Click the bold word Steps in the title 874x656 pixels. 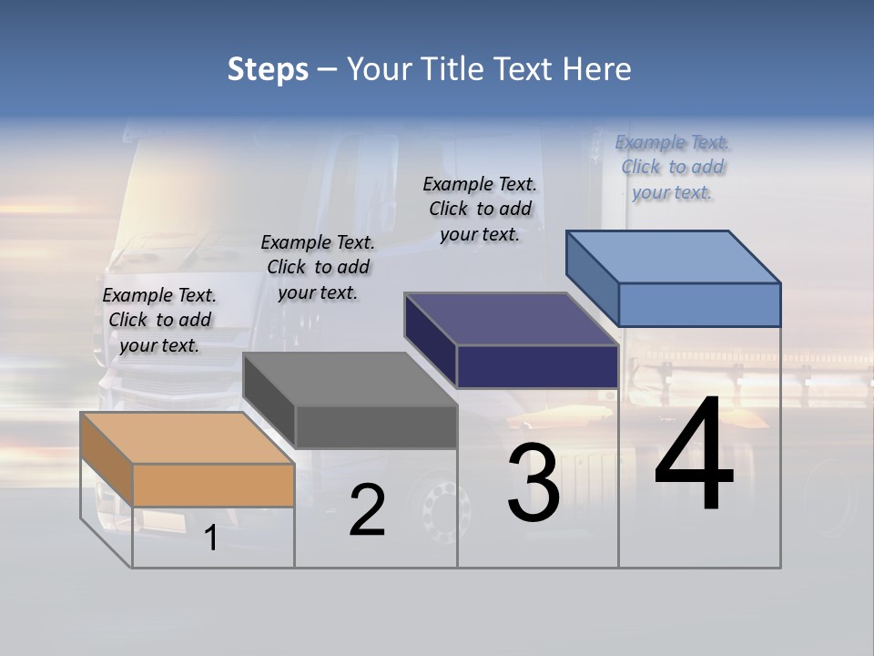point(268,69)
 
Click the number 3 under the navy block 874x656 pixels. point(534,482)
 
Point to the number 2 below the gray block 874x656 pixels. point(367,510)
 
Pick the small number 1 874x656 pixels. point(211,538)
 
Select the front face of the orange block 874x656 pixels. point(213,485)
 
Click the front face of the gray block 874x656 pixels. point(376,426)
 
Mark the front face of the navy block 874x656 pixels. point(537,366)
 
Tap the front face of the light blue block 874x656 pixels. point(699,304)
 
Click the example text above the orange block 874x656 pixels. point(159,320)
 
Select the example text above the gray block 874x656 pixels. point(318,267)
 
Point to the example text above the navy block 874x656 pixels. point(480,209)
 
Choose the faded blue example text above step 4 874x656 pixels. point(673,167)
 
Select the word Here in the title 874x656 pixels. point(597,69)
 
